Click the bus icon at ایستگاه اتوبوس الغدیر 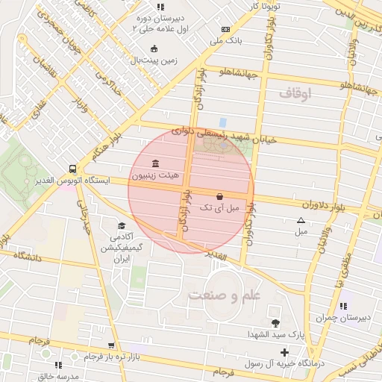[72, 168]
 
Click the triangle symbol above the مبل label [301, 220]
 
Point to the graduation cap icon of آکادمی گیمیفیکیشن [122, 226]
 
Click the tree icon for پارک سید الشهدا [276, 323]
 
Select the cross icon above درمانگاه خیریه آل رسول [284, 351]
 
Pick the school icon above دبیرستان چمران [343, 306]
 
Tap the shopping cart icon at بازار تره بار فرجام [111, 345]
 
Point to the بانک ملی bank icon [225, 30]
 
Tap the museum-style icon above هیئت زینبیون [154, 163]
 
